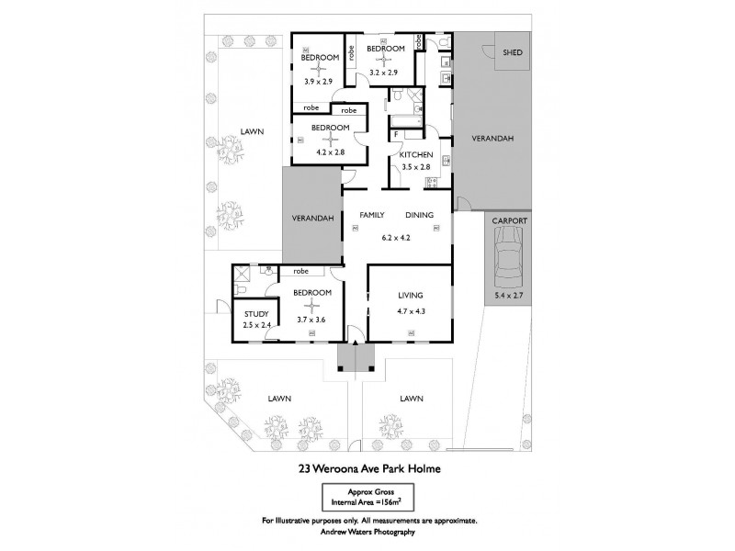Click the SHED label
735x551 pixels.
[x=513, y=53]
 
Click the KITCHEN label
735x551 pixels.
[x=414, y=155]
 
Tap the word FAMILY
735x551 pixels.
[x=371, y=215]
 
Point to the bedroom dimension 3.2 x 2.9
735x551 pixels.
[x=384, y=71]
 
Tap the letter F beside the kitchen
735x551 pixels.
[x=395, y=135]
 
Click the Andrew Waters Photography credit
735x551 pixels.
[x=367, y=533]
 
